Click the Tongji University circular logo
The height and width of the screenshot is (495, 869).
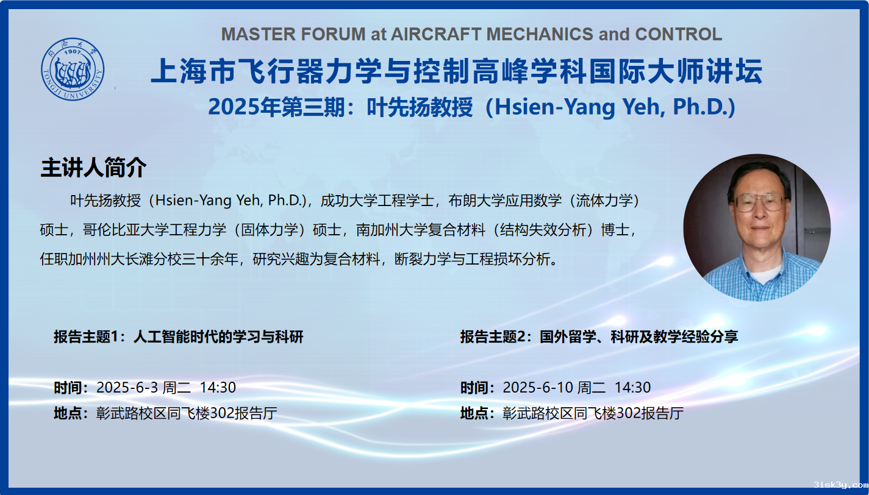click(x=73, y=69)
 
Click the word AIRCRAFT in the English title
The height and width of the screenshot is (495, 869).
click(x=435, y=34)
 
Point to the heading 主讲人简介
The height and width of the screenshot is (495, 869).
click(x=93, y=168)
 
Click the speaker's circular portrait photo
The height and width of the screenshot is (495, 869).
click(x=757, y=228)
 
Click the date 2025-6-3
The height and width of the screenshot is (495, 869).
click(x=127, y=388)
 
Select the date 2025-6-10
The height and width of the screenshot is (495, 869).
click(x=538, y=388)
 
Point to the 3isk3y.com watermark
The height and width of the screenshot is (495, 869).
click(x=841, y=485)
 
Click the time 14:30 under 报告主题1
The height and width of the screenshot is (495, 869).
click(x=218, y=388)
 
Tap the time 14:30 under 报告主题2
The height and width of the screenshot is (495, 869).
click(x=633, y=388)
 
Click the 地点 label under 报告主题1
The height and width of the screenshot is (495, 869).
click(x=68, y=413)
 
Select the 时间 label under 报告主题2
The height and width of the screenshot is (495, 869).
click(x=474, y=388)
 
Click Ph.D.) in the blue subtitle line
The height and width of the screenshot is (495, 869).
click(x=704, y=107)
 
